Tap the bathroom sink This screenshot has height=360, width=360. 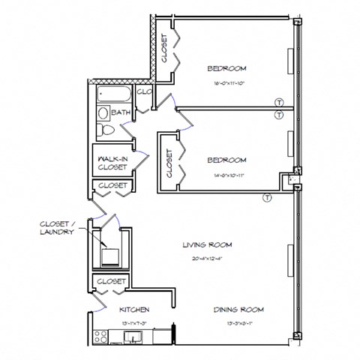[103, 113]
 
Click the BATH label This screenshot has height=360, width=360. [121, 113]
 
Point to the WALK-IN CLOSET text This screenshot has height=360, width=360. [112, 163]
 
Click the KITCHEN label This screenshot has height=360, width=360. [134, 309]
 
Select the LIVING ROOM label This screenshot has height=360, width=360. [206, 244]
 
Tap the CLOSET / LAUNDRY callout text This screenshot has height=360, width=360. [58, 228]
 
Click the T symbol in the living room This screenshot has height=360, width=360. [266, 198]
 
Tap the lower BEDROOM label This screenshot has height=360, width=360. [226, 160]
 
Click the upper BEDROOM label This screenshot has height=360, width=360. [226, 68]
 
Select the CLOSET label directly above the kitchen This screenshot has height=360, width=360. [111, 281]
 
